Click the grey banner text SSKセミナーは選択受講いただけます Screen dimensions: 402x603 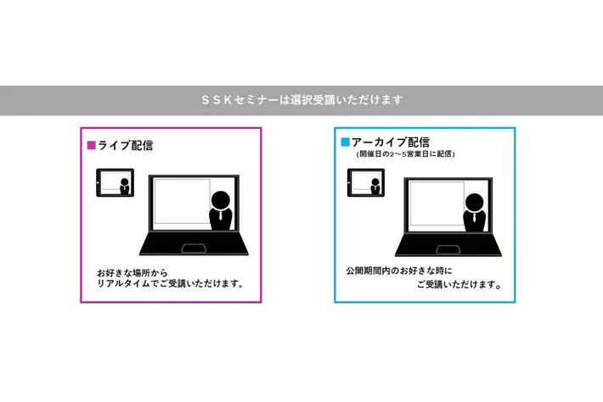(x=301, y=100)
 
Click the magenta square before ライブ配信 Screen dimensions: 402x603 (x=92, y=145)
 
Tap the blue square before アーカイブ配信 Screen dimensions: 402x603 (x=345, y=142)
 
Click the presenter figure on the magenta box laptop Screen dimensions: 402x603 (x=220, y=210)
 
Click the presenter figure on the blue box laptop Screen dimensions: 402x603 (x=475, y=210)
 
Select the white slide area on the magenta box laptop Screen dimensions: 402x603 (x=178, y=204)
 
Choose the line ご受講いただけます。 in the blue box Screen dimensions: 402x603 (x=458, y=285)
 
